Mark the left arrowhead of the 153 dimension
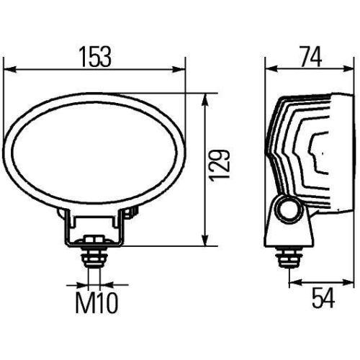click(9, 70)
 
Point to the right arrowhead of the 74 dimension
click(336, 70)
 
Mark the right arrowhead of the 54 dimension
click(336, 282)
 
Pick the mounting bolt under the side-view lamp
click(291, 256)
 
